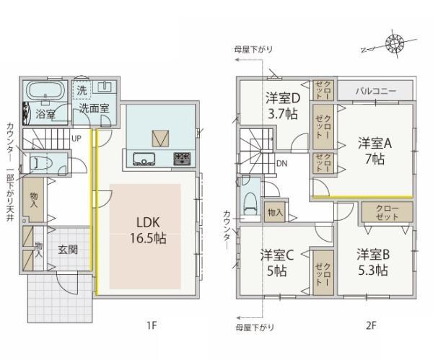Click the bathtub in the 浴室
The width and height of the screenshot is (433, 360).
pos(45,90)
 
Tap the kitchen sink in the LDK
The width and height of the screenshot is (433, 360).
pos(144,159)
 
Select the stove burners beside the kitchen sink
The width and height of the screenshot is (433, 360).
pos(182,159)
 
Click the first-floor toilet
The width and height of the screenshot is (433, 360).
pos(40,163)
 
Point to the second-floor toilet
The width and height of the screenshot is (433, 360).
pos(250,203)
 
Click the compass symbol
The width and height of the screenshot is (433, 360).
pos(395,43)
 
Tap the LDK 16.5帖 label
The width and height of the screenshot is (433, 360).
pos(148,230)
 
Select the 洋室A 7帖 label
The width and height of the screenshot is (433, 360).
pos(375,151)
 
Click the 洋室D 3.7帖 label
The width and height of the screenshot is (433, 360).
pos(283,105)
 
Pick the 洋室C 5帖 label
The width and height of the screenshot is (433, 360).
pos(276,263)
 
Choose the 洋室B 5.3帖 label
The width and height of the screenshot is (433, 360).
pos(373,263)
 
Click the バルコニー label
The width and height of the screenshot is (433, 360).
pos(376,91)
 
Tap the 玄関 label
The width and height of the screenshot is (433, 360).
pos(68,250)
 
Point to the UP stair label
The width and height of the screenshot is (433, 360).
pos(76,139)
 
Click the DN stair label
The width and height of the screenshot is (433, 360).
pos(281,164)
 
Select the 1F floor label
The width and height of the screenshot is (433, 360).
pos(152,325)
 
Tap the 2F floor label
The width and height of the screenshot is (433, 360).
pos(371,325)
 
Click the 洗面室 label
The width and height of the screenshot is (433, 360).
pos(94,108)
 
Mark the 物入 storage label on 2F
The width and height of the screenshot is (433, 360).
pos(275,212)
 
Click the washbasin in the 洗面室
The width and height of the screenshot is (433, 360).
pos(104,87)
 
